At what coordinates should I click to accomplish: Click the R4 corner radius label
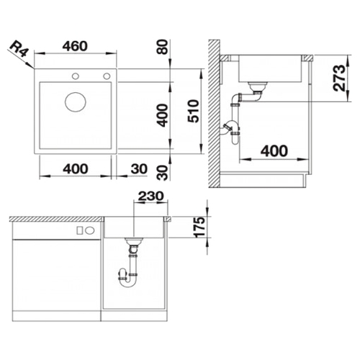pos(20,49)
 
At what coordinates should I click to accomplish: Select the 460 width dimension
pos(75,46)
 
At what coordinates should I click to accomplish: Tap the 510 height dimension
pos(194,112)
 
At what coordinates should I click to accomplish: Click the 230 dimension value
pos(151,196)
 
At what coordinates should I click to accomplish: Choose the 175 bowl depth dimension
pos(199,228)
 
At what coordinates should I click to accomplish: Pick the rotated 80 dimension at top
pos(163,47)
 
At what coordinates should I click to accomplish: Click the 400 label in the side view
pos(274,151)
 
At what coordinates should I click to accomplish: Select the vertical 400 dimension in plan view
pos(162,115)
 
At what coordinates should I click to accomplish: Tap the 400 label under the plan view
pos(76,168)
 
